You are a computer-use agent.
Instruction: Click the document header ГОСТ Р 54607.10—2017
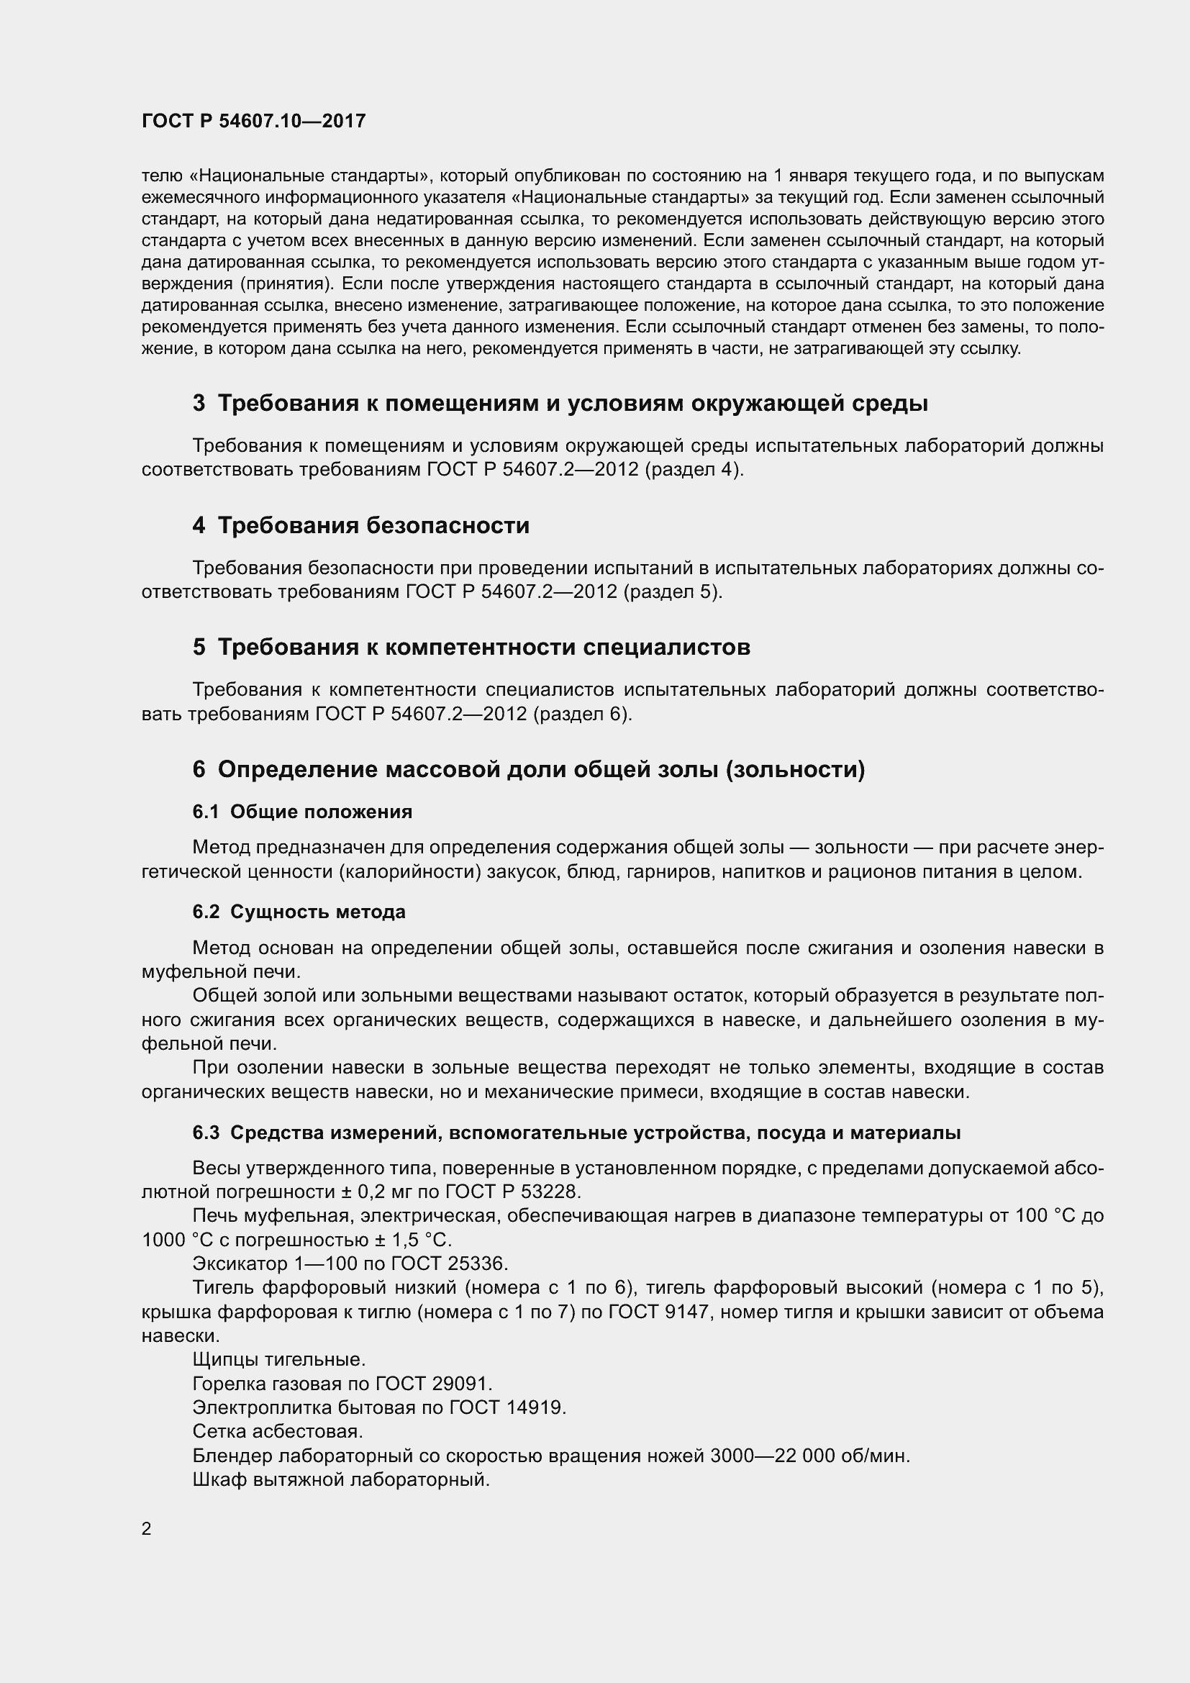coord(253,122)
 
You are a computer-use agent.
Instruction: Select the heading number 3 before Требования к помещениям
coord(199,404)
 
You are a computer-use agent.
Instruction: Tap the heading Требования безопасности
coord(373,525)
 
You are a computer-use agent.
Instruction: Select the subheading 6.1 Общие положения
coord(302,812)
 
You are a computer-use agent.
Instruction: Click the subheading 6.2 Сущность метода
coord(299,912)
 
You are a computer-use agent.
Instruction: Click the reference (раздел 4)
coord(695,470)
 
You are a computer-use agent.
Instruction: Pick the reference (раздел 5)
coord(673,591)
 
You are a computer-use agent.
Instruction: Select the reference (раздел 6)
coord(583,713)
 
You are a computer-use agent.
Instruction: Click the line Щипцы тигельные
coord(279,1360)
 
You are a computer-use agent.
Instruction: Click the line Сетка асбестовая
coord(278,1431)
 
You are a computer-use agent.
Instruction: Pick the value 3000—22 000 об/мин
coord(809,1455)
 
